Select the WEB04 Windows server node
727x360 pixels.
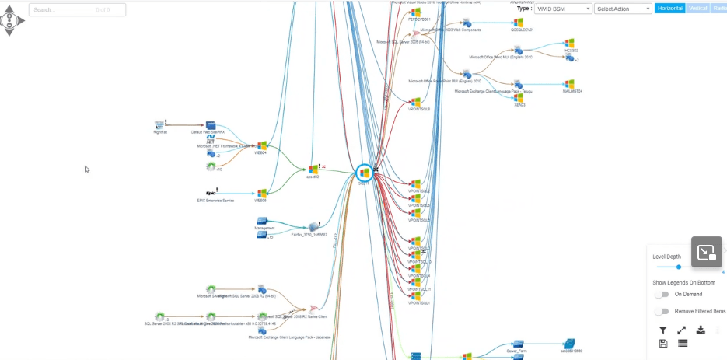[x=262, y=145]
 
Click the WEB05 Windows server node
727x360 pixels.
[x=262, y=193]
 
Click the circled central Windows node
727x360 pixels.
[x=363, y=173]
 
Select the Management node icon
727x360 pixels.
[x=262, y=221]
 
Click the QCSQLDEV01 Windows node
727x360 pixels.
[x=517, y=23]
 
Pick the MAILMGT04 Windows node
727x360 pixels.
[x=569, y=84]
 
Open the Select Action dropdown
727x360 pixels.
[x=623, y=9]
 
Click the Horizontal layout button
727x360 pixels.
[x=669, y=9]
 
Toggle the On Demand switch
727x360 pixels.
[x=662, y=294]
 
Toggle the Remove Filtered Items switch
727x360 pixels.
[x=662, y=311]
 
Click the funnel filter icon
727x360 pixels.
[x=662, y=330]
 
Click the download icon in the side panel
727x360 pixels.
[x=701, y=330]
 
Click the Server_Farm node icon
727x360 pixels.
[x=516, y=343]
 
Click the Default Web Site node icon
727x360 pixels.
[x=210, y=124]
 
